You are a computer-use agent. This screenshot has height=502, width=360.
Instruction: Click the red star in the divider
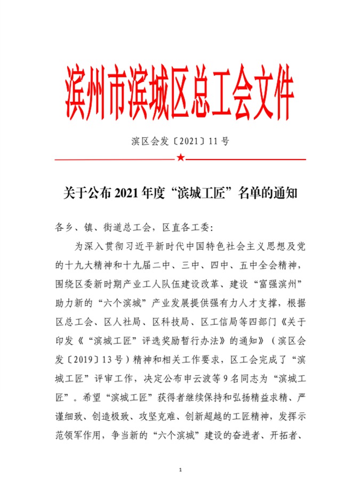(181, 158)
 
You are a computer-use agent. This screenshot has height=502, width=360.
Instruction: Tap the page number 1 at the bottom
(181, 469)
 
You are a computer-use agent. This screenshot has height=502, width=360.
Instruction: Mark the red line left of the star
(115, 158)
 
